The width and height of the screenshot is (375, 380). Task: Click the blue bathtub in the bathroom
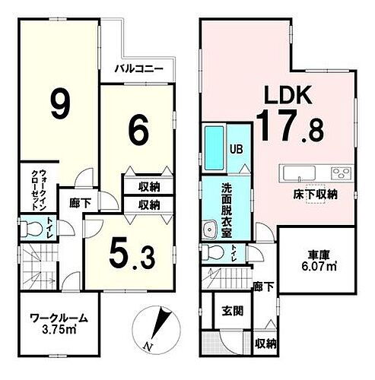pos(214,149)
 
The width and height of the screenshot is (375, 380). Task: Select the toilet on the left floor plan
pos(31,227)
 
